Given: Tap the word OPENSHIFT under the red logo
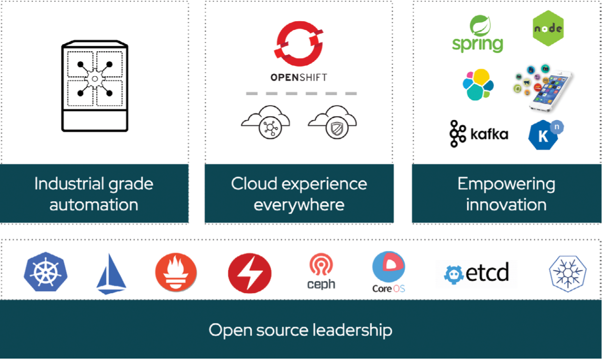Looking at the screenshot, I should coord(299,77).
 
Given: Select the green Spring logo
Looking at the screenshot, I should coord(477,35).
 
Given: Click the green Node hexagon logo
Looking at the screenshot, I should coord(548,29).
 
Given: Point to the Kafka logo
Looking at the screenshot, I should coord(479,134).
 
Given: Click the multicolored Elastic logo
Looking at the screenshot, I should coord(478,84).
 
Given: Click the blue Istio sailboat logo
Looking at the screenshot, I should coord(111,275).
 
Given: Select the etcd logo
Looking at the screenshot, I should coord(477,273).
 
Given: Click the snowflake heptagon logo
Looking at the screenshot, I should coord(568,273).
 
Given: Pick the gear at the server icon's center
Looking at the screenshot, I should coord(95,79).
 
